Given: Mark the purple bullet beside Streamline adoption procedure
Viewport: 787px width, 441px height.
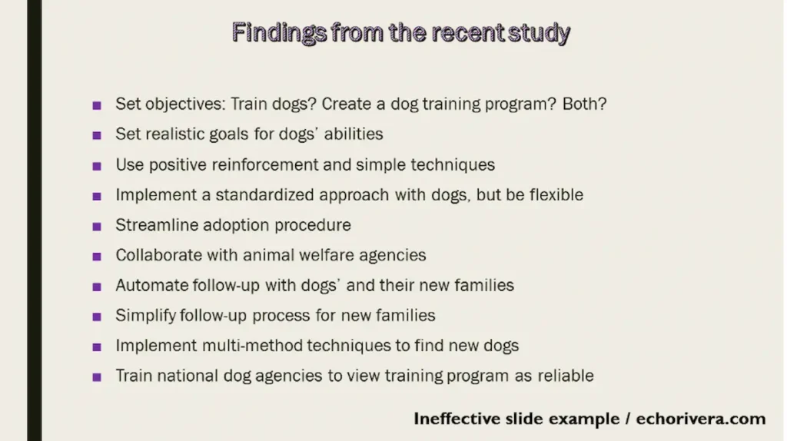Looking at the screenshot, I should (97, 227).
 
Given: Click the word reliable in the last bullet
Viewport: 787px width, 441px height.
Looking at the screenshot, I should (565, 376).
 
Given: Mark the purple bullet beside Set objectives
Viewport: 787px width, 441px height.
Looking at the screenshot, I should (97, 105).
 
